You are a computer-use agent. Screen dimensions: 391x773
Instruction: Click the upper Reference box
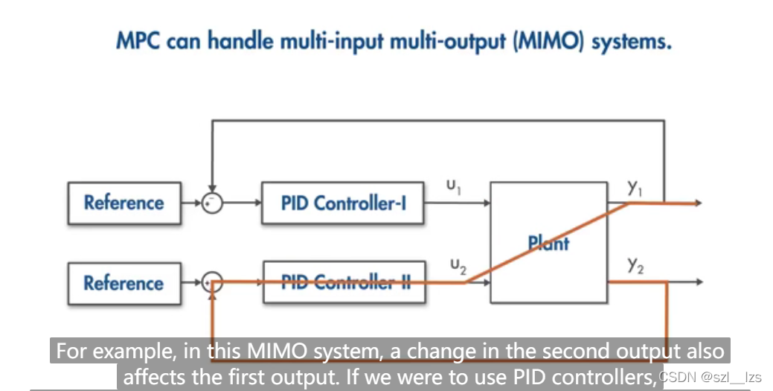pos(124,203)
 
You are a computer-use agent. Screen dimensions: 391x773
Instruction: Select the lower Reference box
pos(124,283)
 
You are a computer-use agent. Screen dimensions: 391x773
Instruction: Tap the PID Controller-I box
pos(343,203)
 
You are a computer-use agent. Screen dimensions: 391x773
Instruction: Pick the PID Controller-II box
pos(344,282)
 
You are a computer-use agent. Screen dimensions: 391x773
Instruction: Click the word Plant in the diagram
pos(548,243)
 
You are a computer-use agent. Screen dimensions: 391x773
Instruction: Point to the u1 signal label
pos(453,186)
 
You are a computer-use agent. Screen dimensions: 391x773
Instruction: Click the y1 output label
pos(635,188)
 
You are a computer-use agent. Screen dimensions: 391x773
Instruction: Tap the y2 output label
pos(635,266)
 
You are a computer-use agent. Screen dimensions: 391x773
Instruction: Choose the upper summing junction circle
pos(213,203)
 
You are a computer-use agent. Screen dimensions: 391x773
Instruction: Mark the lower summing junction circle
pos(213,282)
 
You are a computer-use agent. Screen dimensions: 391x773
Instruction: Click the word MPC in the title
pos(139,40)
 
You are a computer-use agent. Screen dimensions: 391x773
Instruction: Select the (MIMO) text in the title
pos(548,40)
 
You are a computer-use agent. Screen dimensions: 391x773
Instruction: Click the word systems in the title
pos(632,40)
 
